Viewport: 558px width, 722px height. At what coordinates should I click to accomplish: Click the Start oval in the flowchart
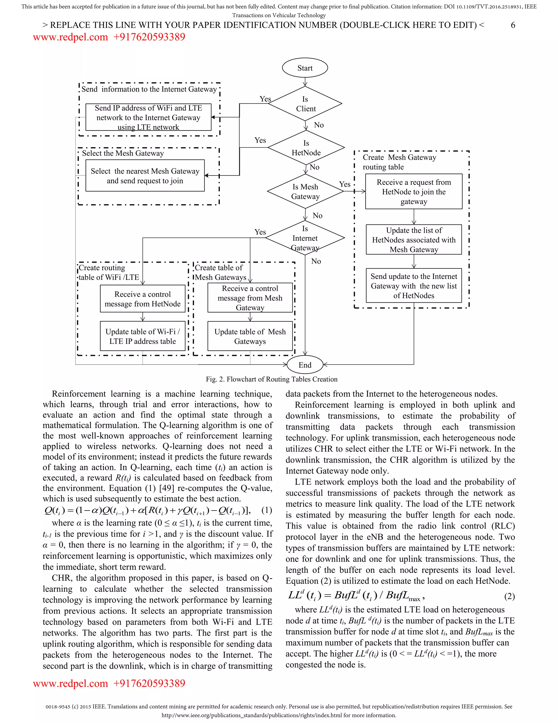(305, 68)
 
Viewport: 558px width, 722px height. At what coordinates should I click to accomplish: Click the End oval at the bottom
(305, 365)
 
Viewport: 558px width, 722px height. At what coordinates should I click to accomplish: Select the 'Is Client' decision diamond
(305, 104)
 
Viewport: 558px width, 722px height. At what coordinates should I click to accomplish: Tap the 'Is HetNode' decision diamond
(306, 148)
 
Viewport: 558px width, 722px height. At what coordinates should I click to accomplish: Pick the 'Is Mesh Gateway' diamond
(305, 192)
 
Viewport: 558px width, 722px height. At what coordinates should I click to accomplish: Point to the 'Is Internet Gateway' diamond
(305, 238)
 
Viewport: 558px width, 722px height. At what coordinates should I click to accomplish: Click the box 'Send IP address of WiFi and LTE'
(148, 117)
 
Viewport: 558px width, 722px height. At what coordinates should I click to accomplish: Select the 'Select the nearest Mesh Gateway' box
(145, 175)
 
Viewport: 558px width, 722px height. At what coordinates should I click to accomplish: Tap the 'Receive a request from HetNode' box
(414, 192)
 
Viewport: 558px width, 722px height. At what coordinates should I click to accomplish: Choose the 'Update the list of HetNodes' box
(414, 240)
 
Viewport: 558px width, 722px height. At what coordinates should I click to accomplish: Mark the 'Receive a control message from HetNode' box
(142, 299)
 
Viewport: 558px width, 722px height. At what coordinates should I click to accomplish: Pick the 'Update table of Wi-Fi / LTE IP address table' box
(142, 336)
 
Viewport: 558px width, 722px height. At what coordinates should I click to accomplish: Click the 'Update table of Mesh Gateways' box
(250, 336)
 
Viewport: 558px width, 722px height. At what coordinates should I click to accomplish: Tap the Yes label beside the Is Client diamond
(265, 99)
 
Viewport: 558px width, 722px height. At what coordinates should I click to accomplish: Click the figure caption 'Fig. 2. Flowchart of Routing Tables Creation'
(271, 379)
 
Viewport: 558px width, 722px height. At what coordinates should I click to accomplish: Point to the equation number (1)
(266, 510)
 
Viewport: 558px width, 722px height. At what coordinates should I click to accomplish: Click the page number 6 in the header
(513, 25)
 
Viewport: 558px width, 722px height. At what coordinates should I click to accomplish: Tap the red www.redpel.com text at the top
(70, 37)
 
